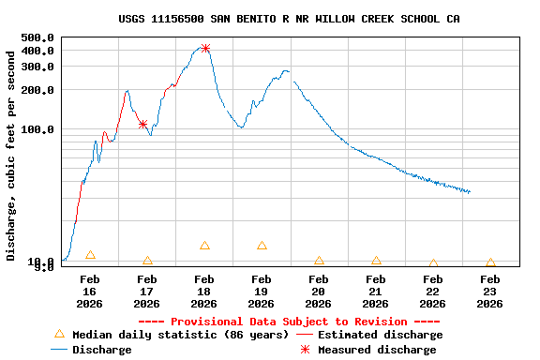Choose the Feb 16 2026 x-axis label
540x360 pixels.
[x=90, y=291]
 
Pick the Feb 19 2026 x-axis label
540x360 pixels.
[x=262, y=291]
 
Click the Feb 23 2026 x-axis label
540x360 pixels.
[x=490, y=291]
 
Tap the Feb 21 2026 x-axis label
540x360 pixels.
[x=376, y=291]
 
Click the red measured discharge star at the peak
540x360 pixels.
[x=205, y=48]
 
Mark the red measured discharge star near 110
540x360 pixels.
[x=142, y=124]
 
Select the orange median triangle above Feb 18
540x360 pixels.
[x=204, y=246]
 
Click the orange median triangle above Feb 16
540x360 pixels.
[x=90, y=255]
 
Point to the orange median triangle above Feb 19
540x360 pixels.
[x=262, y=246]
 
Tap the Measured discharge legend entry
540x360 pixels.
[x=376, y=350]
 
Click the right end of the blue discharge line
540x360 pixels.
[x=470, y=192]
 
